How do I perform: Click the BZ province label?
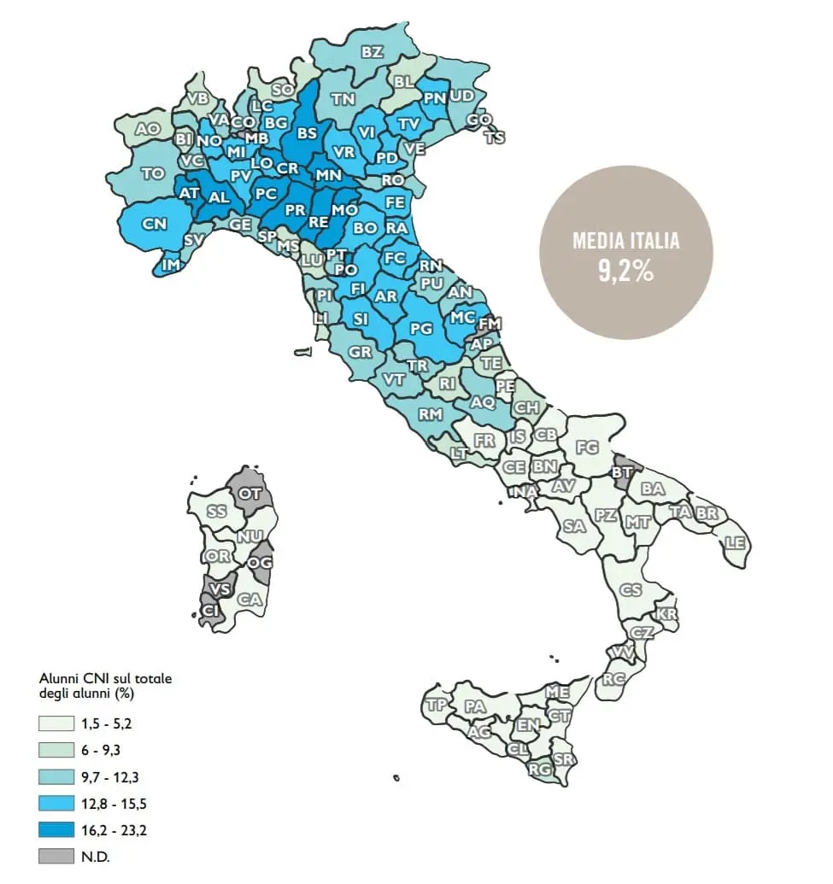(x=372, y=53)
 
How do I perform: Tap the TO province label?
(x=153, y=173)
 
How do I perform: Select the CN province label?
(x=154, y=225)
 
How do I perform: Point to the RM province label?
(x=430, y=414)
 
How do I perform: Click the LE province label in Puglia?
(x=735, y=542)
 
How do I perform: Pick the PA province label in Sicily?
(x=475, y=707)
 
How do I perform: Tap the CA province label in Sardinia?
(x=249, y=600)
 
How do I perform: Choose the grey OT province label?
(x=250, y=493)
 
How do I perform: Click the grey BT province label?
(x=623, y=471)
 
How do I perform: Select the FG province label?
(x=587, y=447)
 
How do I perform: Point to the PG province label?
(x=422, y=327)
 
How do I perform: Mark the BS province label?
(x=307, y=133)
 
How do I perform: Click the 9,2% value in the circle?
(x=626, y=271)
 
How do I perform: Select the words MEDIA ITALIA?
(x=626, y=241)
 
